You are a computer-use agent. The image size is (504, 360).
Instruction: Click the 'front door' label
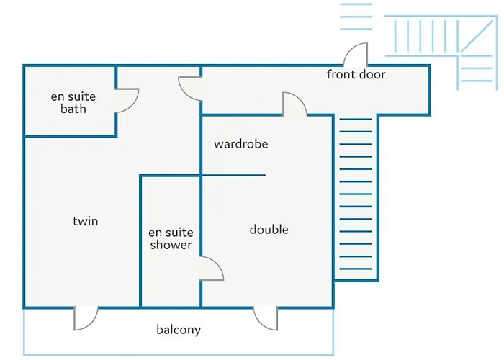click(356, 75)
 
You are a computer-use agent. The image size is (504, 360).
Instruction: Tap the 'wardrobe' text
click(240, 144)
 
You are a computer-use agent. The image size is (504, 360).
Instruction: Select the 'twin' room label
click(85, 221)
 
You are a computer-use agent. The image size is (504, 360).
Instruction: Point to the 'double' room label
click(269, 230)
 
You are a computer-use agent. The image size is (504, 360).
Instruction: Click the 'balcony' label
click(179, 330)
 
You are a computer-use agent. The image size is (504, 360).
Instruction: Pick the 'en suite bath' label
click(73, 102)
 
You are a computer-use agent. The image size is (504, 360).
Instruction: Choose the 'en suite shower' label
click(171, 238)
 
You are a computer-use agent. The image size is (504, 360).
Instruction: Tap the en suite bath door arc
click(127, 101)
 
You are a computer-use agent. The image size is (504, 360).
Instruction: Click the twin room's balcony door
click(86, 318)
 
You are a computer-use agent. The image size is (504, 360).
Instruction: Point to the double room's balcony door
click(265, 318)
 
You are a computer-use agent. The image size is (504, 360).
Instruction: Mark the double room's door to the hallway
click(295, 104)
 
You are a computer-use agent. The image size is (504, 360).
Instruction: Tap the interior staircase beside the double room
click(354, 198)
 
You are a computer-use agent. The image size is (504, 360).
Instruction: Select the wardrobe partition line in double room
click(234, 175)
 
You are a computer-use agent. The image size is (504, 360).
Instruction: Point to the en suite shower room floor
click(170, 281)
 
